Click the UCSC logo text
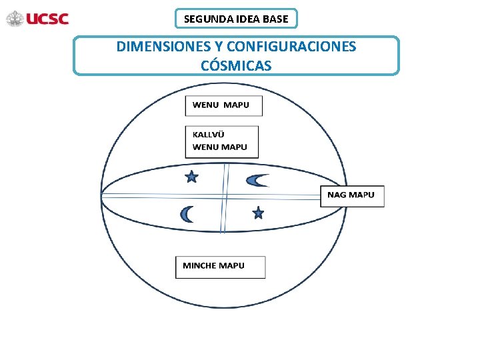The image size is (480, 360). click(x=47, y=19)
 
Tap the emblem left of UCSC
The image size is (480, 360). click(x=15, y=19)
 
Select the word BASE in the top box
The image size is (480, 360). click(x=276, y=19)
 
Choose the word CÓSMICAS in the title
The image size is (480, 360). click(x=236, y=65)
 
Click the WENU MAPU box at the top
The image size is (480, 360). click(x=223, y=106)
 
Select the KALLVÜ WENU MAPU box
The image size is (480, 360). click(x=221, y=141)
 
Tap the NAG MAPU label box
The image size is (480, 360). click(x=351, y=195)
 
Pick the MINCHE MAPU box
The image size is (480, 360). click(x=220, y=267)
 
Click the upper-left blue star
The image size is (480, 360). click(x=191, y=177)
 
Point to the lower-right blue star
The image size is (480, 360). click(x=258, y=213)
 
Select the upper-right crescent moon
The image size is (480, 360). click(x=257, y=180)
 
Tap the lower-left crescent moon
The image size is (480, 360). click(x=187, y=214)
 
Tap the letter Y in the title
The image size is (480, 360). click(x=215, y=47)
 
